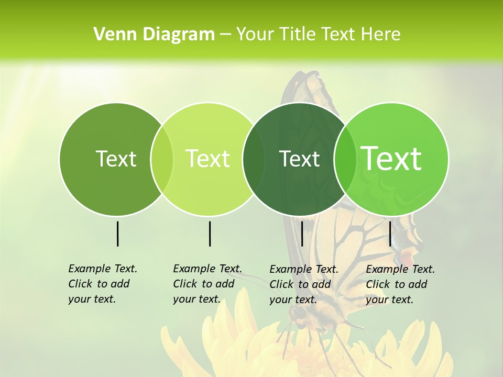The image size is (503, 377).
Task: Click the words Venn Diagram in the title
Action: (154, 35)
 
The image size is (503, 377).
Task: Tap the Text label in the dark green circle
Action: (116, 159)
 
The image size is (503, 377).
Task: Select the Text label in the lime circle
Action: (207, 159)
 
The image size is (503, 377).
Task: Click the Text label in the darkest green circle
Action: (299, 159)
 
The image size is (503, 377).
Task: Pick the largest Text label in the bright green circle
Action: (391, 159)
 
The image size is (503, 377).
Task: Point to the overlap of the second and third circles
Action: (254, 159)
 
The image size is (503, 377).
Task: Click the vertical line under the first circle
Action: (118, 234)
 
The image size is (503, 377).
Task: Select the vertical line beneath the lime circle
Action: (210, 234)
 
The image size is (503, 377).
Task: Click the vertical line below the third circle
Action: (302, 234)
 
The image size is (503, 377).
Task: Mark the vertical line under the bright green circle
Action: (390, 234)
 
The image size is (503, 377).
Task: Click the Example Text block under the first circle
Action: (102, 284)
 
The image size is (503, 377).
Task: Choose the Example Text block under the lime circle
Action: (207, 284)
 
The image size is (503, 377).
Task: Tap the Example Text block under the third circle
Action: (303, 284)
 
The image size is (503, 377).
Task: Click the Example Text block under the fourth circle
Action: (400, 284)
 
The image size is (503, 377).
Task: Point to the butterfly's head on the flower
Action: (299, 313)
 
